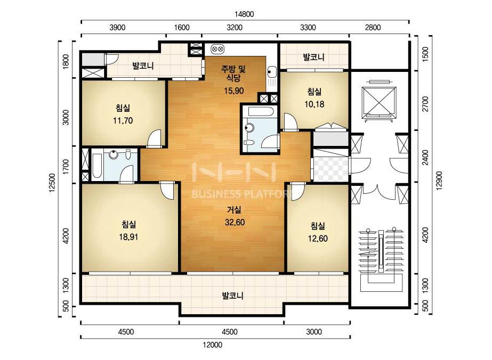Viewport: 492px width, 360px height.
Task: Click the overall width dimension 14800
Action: [x=244, y=14]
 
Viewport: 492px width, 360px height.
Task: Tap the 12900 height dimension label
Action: [x=439, y=181]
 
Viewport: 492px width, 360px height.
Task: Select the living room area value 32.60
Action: [x=235, y=222]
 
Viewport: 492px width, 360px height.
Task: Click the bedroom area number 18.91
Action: [x=128, y=237]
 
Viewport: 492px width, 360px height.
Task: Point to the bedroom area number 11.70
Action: [x=123, y=120]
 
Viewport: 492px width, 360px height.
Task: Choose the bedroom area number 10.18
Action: [x=314, y=104]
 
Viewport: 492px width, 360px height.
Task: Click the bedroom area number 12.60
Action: [x=318, y=239]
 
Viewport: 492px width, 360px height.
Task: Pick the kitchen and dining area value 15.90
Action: [x=234, y=91]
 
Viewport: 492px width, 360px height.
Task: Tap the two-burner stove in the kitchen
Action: [x=217, y=49]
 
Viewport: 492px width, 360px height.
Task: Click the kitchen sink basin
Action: [x=271, y=72]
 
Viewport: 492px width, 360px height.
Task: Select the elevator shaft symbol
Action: [x=378, y=100]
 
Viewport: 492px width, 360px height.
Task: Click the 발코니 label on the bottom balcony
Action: [x=232, y=296]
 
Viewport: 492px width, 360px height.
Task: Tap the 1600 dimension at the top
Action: [x=182, y=28]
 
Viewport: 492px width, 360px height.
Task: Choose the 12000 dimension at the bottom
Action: [x=213, y=345]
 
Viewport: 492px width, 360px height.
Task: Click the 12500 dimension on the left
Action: [x=52, y=182]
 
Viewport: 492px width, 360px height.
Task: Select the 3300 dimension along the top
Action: [x=308, y=28]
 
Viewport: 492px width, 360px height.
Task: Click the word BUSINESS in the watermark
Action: [x=216, y=194]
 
